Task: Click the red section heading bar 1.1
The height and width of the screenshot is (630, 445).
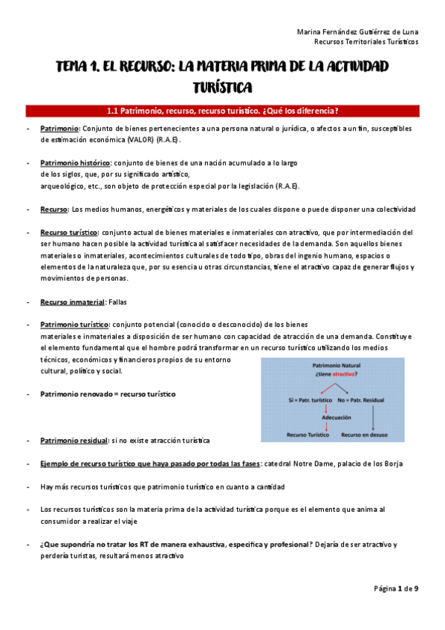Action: (x=222, y=111)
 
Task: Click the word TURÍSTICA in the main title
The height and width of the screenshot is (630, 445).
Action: (x=222, y=87)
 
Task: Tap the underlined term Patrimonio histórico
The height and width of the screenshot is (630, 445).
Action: (x=75, y=162)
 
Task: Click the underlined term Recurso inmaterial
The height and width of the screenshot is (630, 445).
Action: (x=73, y=302)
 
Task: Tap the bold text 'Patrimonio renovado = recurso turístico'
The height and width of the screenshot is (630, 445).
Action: (x=108, y=394)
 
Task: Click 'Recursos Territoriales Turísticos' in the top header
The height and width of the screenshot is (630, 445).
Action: (x=367, y=42)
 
